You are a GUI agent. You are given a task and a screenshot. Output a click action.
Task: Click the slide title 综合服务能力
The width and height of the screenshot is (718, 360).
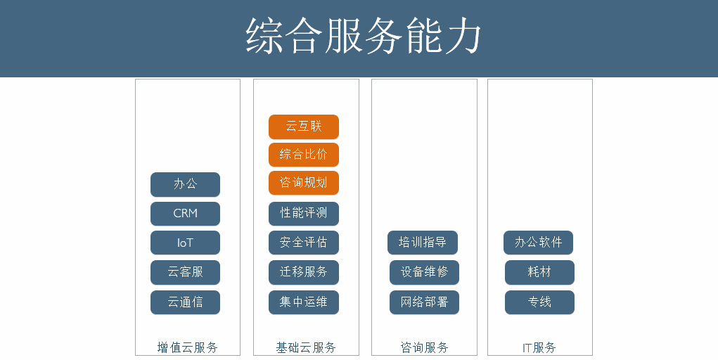(x=363, y=36)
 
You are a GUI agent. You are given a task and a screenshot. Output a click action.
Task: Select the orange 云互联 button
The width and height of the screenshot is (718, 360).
(x=304, y=127)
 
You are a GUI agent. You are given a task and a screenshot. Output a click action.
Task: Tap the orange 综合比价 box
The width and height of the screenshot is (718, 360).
(x=304, y=155)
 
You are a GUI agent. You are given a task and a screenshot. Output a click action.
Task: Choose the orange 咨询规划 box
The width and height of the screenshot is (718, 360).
(x=304, y=183)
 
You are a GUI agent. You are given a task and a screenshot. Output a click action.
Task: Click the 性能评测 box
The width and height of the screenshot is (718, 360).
(x=304, y=214)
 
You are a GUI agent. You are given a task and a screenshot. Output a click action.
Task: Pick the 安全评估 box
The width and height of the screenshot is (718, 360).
(x=304, y=243)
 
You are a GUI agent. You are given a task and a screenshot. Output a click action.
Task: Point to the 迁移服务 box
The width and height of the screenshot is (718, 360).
(x=304, y=272)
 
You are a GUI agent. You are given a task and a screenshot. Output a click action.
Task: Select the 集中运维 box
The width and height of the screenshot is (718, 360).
(x=304, y=302)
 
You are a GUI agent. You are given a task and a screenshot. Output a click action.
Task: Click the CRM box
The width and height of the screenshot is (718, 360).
(x=185, y=214)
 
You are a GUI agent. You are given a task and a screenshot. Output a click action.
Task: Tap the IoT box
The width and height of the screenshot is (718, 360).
(x=185, y=243)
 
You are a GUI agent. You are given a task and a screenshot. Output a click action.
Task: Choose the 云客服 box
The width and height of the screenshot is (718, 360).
(x=185, y=272)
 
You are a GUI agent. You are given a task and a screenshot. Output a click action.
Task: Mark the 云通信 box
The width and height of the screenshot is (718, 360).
(x=185, y=302)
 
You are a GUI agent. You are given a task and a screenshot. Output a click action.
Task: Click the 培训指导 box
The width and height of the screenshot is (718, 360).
(x=422, y=243)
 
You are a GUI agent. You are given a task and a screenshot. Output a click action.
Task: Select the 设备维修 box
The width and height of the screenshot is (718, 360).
(x=424, y=272)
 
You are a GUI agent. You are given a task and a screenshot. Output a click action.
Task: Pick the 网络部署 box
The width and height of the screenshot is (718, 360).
(x=424, y=302)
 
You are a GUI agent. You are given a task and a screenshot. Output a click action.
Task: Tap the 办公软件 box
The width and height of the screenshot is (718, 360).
(x=538, y=243)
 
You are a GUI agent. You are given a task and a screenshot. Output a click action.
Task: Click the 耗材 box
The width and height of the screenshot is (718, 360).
(x=539, y=272)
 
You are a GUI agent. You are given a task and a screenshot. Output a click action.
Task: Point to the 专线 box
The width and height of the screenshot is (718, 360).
(x=539, y=302)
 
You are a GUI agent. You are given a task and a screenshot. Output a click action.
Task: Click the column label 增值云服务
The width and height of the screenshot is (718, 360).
(x=187, y=347)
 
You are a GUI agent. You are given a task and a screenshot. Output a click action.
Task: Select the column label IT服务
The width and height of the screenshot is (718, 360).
(x=539, y=347)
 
